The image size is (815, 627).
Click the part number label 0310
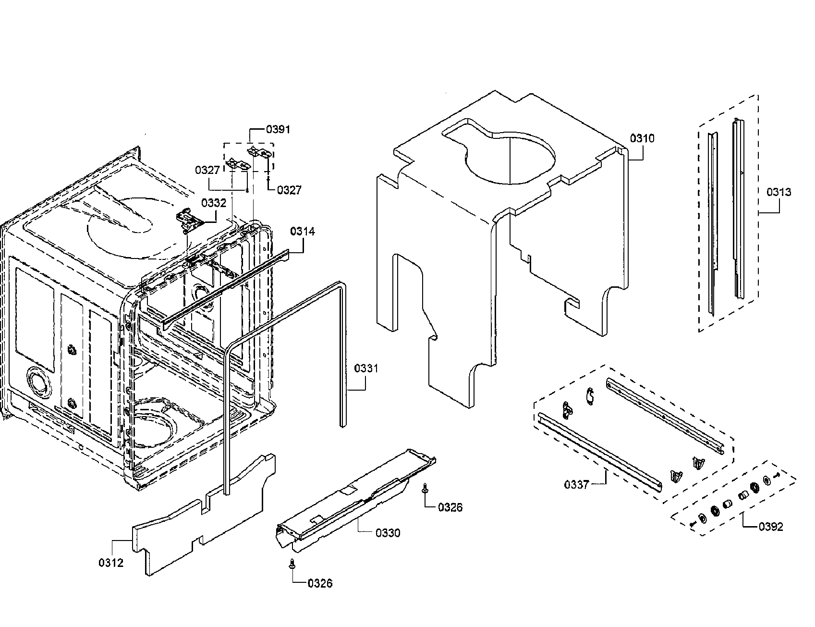pos(642,139)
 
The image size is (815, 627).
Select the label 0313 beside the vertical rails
pos(779,192)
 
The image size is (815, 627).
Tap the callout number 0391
pos(278,130)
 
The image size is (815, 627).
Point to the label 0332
pos(214,203)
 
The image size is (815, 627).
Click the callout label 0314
pos(303,232)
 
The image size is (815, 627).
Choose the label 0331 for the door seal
pos(366,369)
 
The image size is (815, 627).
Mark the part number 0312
pos(111,563)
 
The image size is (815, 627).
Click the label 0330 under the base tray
pos(388,533)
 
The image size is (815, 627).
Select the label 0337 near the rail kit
pos(576,484)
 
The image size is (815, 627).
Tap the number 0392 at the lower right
pos(771,527)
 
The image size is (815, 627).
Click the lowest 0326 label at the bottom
pos(320,583)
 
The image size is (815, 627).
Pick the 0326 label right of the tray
pos(450,507)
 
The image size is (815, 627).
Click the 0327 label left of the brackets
pos(207,170)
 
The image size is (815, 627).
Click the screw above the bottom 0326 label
pos(292,565)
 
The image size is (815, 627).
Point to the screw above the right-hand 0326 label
pos(425,488)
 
